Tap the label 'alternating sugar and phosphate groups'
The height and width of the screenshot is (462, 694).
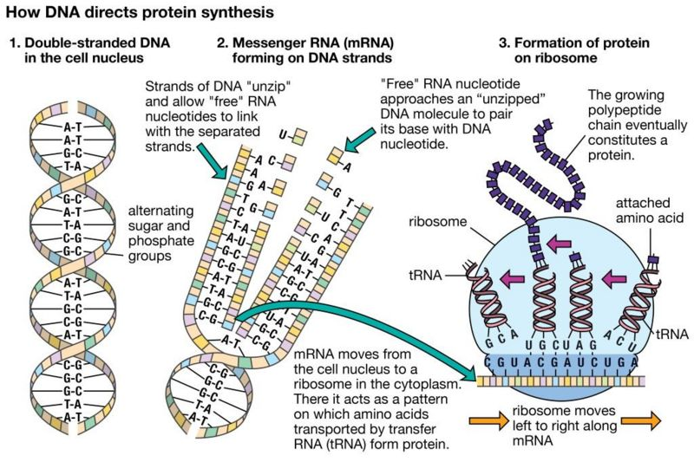tap(167, 233)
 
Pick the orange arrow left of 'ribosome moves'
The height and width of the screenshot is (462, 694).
tap(486, 422)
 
